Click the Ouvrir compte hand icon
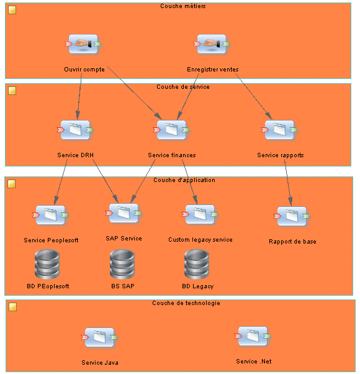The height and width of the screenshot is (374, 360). coord(83,44)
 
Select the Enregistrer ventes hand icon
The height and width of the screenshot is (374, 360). coord(212,44)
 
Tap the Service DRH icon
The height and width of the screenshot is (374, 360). coord(75,130)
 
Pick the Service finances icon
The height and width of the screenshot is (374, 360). coord(171,130)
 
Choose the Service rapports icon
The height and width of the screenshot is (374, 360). coord(279,130)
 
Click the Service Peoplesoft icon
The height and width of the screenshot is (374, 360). coord(50,215)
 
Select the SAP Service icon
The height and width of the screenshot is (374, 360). coord(124,213)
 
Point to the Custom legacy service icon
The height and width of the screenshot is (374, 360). coord(200,214)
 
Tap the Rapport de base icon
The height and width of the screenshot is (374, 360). coord(292,216)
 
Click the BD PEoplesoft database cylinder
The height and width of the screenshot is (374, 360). coord(47,264)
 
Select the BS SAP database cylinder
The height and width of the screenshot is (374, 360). coord(122,264)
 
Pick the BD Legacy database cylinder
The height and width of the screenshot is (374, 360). coord(197,264)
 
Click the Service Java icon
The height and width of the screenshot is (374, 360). coord(99,337)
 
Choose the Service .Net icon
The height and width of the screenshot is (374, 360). coord(253,336)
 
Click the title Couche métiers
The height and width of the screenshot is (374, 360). coord(182,6)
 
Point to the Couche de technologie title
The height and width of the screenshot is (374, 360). coord(186,303)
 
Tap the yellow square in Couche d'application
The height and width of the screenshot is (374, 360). coord(12,184)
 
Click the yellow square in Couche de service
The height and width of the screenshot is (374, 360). coord(12,91)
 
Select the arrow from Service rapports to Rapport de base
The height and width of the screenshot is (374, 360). coord(288,183)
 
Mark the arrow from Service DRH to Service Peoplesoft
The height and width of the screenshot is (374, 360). coord(61,182)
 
